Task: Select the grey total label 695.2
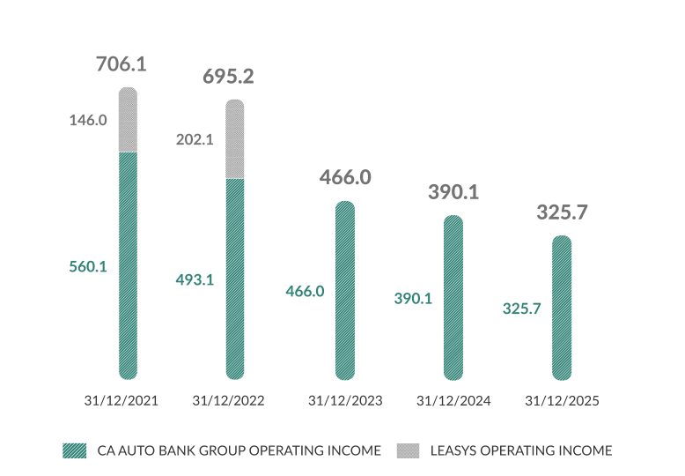pos(228,77)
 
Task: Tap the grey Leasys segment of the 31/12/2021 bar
pos(128,121)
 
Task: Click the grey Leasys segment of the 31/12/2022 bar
pos(235,140)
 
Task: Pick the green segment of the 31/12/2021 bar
pos(128,264)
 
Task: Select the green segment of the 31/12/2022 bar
pos(235,278)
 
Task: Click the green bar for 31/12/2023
pos(345,290)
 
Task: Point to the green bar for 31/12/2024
pos(453,297)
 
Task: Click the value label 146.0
pos(88,120)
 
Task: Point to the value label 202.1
pos(195,139)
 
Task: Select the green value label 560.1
pos(88,266)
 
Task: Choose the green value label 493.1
pos(195,279)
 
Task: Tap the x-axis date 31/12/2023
pos(345,400)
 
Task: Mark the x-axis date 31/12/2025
pos(562,400)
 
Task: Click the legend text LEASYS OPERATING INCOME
pos(520,450)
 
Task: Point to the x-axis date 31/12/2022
pos(228,400)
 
